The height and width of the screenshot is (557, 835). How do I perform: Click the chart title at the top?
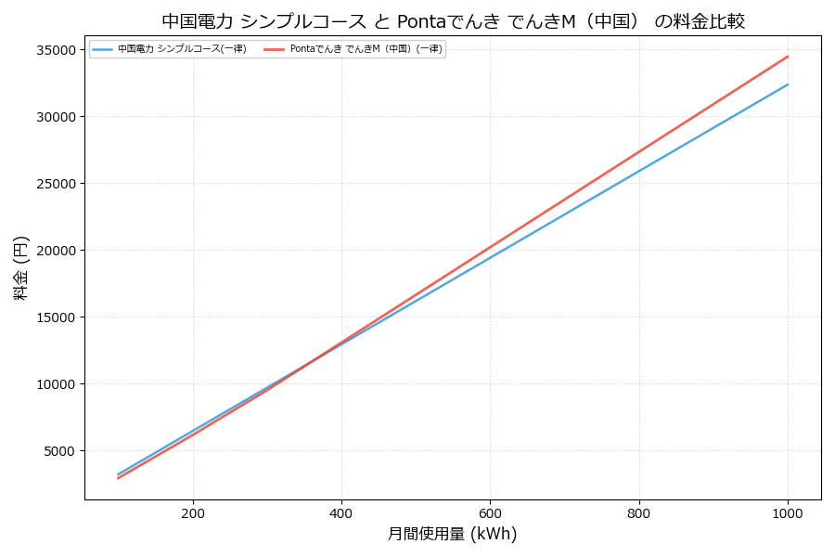click(453, 21)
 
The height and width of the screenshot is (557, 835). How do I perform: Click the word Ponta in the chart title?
click(424, 21)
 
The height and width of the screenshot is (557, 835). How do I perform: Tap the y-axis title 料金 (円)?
click(20, 267)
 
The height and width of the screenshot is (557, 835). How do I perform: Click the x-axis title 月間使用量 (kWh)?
click(452, 534)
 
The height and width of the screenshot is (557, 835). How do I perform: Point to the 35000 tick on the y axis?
click(57, 50)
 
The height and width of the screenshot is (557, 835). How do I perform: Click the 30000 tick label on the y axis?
click(57, 117)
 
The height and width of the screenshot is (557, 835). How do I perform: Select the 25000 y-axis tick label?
click(57, 184)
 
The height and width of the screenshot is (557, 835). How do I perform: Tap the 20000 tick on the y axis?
click(57, 251)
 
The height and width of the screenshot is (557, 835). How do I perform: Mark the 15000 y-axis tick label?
click(57, 317)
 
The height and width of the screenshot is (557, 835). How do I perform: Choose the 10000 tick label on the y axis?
click(57, 384)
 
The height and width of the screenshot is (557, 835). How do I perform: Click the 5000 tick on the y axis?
click(60, 451)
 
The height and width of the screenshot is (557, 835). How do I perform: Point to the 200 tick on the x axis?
click(193, 512)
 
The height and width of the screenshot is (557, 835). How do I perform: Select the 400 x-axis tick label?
click(341, 512)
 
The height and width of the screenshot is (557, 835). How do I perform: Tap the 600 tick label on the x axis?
click(490, 512)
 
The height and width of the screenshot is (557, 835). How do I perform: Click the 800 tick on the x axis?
click(639, 512)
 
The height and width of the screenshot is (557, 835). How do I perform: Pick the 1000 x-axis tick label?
click(788, 512)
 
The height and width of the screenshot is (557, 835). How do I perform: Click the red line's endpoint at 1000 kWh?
click(788, 57)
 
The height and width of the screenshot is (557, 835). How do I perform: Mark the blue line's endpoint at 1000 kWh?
click(788, 84)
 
